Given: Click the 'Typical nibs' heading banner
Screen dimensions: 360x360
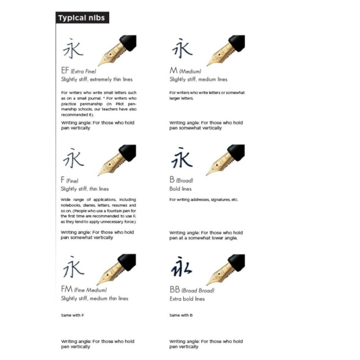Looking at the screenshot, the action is pos(82,18).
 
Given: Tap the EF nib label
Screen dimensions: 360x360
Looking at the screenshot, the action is pos(65,70).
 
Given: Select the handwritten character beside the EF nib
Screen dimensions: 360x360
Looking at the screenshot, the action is pos(73,48).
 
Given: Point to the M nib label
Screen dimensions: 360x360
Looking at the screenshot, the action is pos(173,70).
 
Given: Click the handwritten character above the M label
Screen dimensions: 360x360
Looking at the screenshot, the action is pos(182,48).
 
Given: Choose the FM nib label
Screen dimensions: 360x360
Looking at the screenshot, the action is pos(67,289).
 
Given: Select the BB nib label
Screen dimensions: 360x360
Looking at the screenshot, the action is pos(175,290).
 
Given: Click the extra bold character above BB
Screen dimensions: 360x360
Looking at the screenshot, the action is pos(182,267).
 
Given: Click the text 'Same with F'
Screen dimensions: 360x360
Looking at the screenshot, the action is pos(72,315).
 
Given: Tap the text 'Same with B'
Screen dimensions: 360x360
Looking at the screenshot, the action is pos(181,315).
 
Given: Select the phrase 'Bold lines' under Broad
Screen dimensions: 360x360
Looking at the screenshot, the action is pos(181,189).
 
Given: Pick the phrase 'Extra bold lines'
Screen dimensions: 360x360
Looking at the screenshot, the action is pos(187,299).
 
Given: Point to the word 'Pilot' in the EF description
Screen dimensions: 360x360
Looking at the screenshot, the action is pos(120,104).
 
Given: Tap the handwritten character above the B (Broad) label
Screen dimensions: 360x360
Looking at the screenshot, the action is pos(182,157).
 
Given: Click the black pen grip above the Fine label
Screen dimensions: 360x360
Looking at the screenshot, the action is pos(128,152).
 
